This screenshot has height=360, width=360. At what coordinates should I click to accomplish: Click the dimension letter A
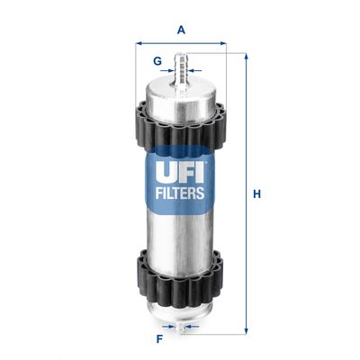coord(181,29)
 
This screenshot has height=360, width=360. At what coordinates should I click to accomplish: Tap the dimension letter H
coord(256,194)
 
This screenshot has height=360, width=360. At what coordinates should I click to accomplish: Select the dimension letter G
coord(157,61)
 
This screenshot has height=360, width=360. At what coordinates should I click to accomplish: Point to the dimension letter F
coord(159,340)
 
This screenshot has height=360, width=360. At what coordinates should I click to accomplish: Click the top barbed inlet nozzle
coord(181,67)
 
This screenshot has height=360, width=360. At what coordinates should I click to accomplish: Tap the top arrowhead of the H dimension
coord(245,56)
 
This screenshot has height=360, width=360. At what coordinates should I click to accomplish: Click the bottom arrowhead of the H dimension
coord(245,332)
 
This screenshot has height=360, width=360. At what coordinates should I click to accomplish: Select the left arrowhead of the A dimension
coord(139,42)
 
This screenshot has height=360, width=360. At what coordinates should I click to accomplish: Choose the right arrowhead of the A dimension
coord(223,42)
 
